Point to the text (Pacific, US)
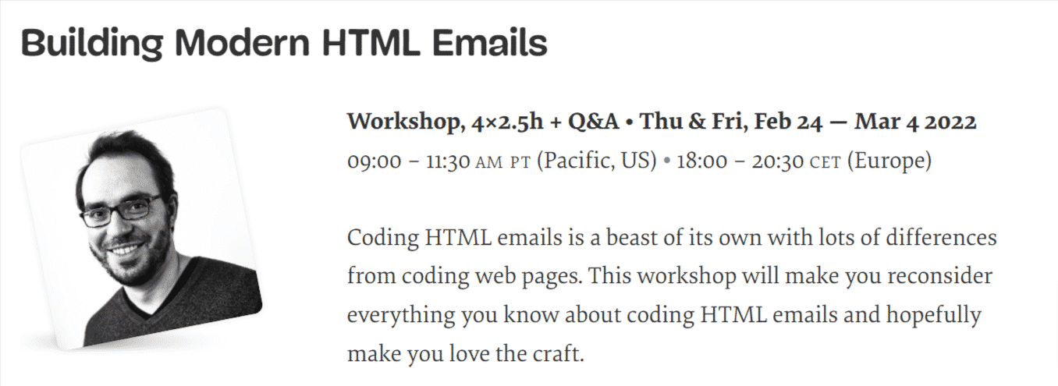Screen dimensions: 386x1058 596,162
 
